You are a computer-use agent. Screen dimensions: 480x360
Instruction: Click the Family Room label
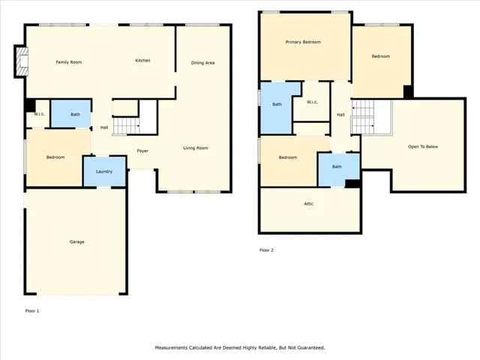click(69, 62)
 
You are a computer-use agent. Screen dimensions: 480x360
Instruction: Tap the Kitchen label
click(142, 61)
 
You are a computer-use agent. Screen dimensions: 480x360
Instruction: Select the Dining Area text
click(202, 63)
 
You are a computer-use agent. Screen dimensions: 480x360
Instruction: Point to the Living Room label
click(196, 148)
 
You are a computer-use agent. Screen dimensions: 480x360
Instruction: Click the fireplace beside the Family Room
click(22, 61)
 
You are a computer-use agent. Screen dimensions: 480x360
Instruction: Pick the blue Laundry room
click(105, 171)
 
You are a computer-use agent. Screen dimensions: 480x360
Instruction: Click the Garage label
click(76, 241)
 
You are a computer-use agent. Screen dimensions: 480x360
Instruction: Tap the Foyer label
click(142, 151)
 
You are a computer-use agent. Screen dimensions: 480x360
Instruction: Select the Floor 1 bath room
click(71, 113)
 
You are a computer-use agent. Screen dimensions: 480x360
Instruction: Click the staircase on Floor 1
click(126, 125)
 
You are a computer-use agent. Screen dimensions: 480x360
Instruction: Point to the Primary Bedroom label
click(303, 42)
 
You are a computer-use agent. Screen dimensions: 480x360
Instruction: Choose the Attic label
click(308, 203)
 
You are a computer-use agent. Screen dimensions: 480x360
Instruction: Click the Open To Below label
click(423, 147)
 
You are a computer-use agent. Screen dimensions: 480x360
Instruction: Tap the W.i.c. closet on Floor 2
click(312, 102)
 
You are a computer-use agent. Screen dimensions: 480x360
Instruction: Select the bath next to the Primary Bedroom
click(277, 107)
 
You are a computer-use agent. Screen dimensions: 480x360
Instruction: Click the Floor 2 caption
click(266, 250)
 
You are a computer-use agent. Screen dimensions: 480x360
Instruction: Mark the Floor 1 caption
click(32, 311)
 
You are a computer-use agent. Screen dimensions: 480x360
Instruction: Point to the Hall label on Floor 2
click(340, 115)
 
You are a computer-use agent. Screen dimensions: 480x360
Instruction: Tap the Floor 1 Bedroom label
click(55, 157)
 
